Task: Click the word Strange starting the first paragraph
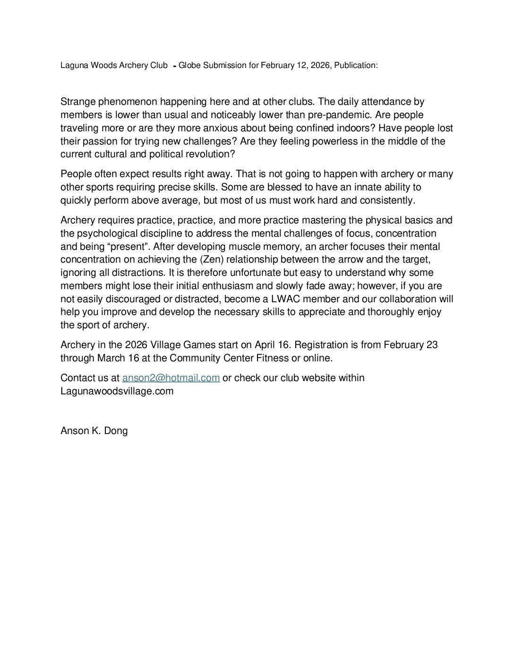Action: (x=77, y=102)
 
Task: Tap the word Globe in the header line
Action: (x=188, y=66)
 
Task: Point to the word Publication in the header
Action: (x=356, y=66)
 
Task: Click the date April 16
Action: (x=272, y=345)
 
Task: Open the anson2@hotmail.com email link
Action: (x=171, y=378)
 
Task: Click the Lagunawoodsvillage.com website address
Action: (x=117, y=391)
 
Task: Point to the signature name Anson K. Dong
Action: (x=94, y=431)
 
